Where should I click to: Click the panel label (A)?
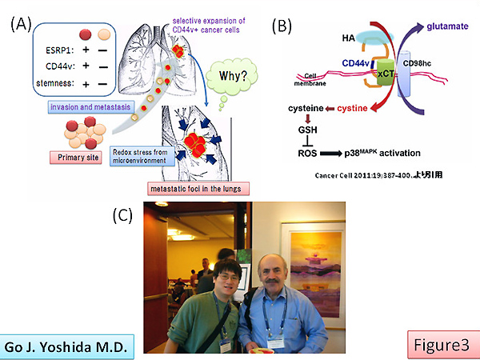point(20,24)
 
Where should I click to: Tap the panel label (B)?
point(282,24)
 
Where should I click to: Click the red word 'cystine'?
point(362,107)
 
